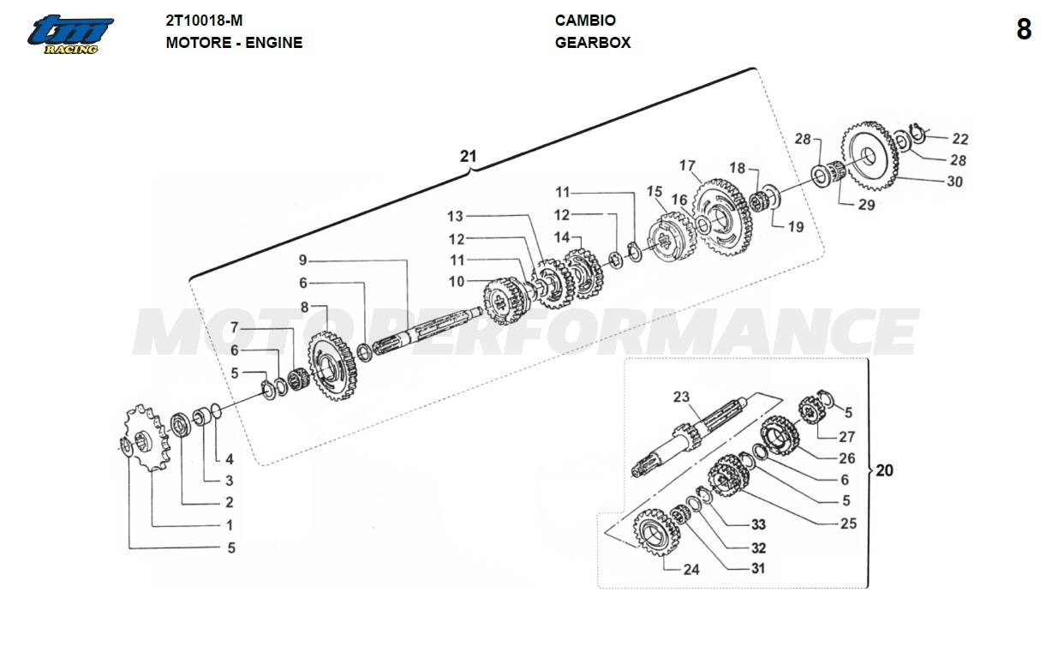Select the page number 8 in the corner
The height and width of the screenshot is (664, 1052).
(1024, 30)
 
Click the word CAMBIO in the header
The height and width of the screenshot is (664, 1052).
(585, 21)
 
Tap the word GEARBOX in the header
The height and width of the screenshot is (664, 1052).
(593, 42)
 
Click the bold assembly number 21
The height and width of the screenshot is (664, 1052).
(468, 156)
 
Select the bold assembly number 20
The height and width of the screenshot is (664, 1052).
(884, 470)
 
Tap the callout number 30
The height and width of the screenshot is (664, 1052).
(954, 182)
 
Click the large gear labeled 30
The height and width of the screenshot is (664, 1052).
(872, 158)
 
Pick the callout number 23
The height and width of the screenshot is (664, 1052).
(681, 397)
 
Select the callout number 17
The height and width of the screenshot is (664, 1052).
(687, 165)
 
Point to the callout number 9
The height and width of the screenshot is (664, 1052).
(302, 260)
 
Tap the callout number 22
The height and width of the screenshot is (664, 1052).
(960, 139)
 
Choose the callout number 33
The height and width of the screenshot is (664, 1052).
(758, 524)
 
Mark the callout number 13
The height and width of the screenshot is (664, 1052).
(454, 216)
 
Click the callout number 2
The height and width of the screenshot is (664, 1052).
(230, 502)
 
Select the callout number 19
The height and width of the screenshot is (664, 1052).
(796, 227)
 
